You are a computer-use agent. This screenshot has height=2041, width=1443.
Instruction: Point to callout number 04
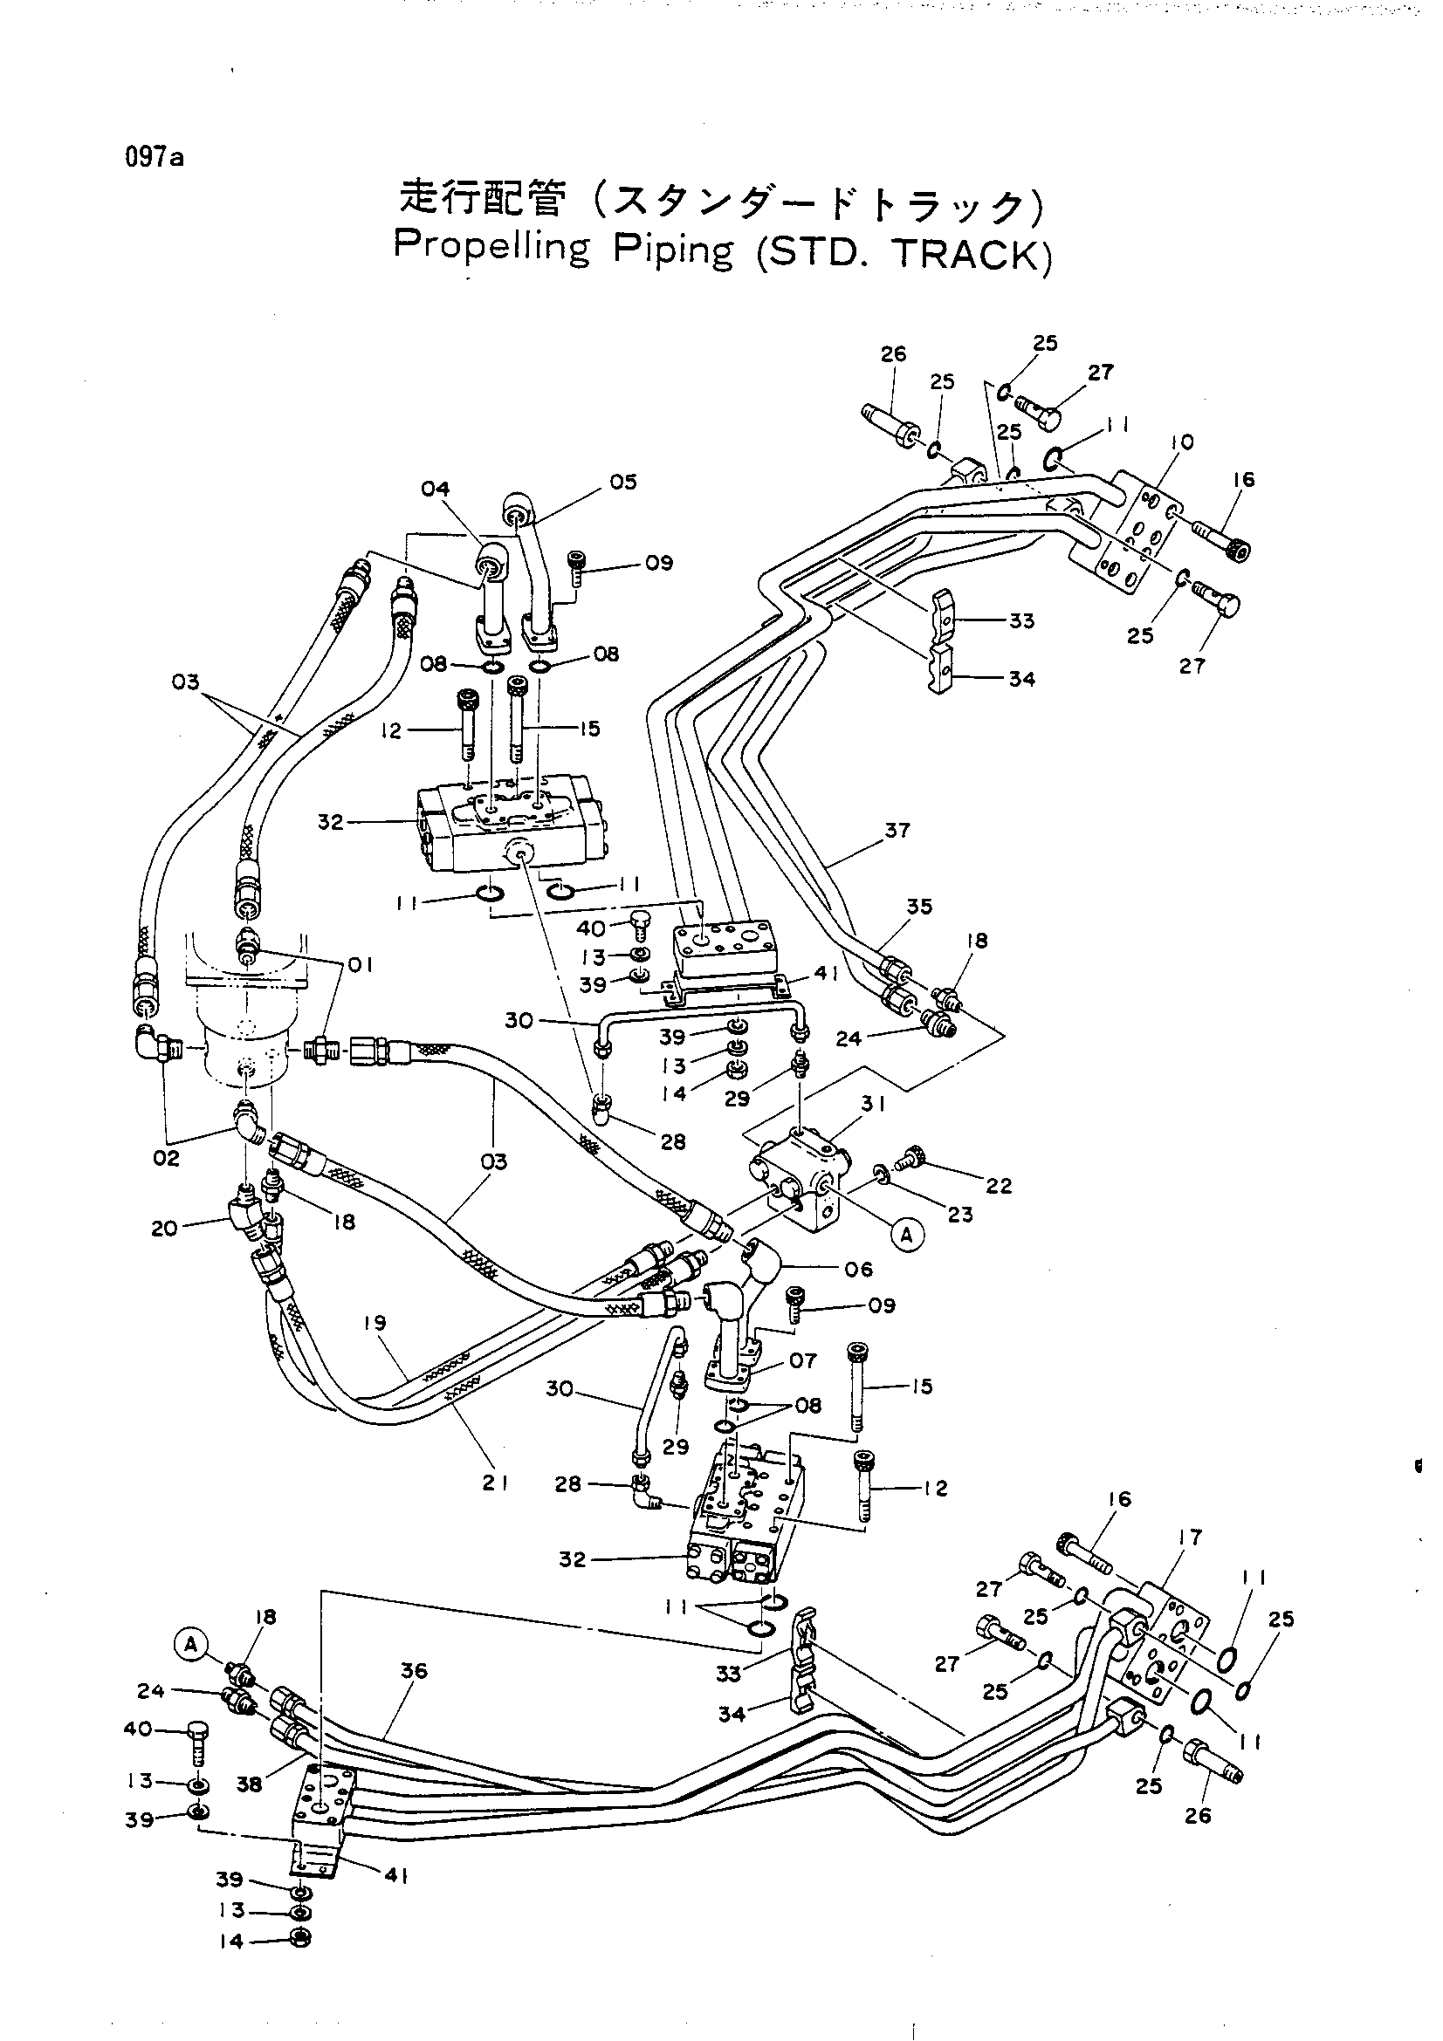click(x=436, y=489)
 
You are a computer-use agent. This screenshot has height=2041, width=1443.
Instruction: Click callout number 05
click(x=623, y=482)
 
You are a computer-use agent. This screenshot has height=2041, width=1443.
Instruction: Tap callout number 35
click(x=919, y=907)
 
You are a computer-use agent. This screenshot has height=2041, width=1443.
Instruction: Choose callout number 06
click(x=859, y=1269)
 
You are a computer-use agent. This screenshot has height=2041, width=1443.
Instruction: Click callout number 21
click(x=494, y=1482)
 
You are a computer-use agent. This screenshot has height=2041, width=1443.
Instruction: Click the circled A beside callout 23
click(x=907, y=1235)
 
